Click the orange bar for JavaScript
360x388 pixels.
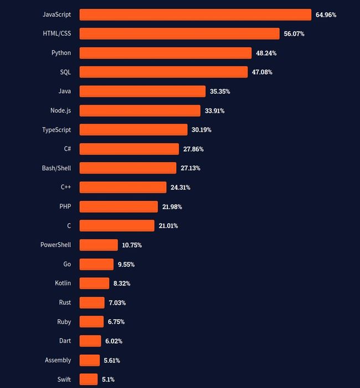[x=195, y=14]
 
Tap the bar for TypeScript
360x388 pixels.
[x=133, y=130]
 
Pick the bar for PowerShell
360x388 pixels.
[x=99, y=245]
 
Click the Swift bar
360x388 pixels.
[x=89, y=380]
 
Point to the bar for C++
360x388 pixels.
[x=123, y=187]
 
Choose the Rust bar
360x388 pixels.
[x=92, y=303]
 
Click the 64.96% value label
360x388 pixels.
[x=326, y=15]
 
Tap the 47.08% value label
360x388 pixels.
[x=262, y=73]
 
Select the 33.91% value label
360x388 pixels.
[x=214, y=111]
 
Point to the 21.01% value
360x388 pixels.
[x=168, y=226]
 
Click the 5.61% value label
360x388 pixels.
[x=111, y=360]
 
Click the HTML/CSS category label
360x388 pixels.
[x=57, y=34]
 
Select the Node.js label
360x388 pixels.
[x=60, y=110]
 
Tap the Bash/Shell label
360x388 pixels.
[x=56, y=168]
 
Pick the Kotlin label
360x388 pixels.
[x=63, y=283]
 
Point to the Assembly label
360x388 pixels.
[x=58, y=360]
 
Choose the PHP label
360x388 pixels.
[x=65, y=207]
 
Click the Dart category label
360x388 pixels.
[x=65, y=341]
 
